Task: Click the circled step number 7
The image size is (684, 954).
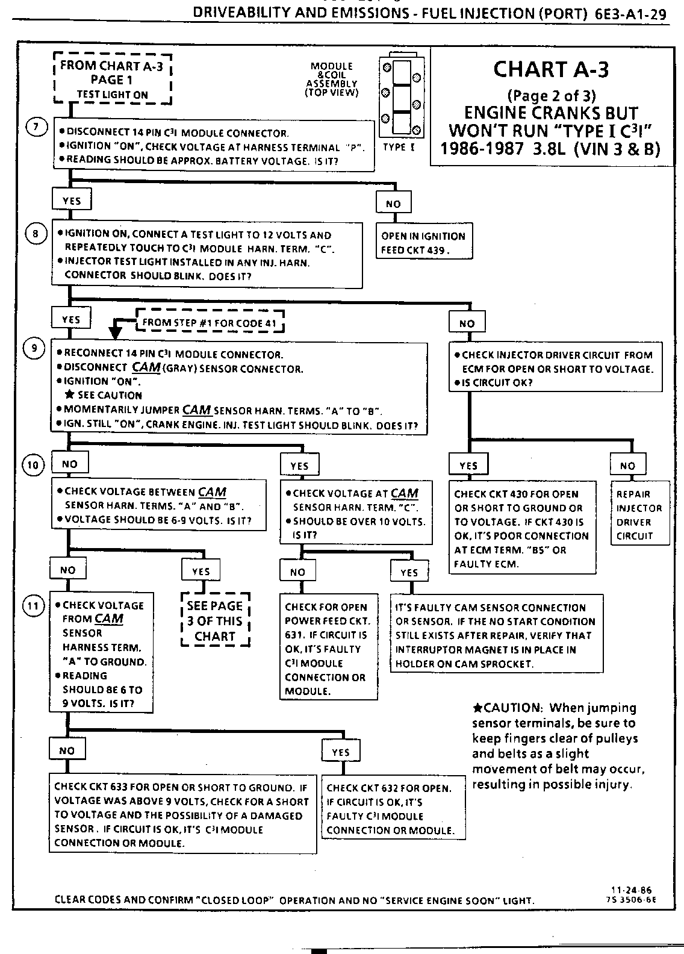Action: [x=36, y=127]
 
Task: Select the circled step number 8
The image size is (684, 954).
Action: [x=36, y=234]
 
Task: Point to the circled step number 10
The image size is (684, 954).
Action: [x=34, y=464]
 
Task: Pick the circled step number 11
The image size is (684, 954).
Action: [x=34, y=606]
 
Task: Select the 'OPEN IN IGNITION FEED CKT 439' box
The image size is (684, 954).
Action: [x=423, y=243]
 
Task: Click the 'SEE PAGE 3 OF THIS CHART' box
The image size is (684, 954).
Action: [x=215, y=621]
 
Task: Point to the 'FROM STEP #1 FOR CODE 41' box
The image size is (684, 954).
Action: [x=210, y=323]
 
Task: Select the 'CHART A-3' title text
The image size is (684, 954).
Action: [x=551, y=69]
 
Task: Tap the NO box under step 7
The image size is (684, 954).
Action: [x=393, y=204]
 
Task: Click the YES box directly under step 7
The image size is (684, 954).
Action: [x=72, y=201]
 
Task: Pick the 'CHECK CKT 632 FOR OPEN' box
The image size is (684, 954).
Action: [x=393, y=808]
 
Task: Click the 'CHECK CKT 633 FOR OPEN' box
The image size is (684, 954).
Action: [x=182, y=815]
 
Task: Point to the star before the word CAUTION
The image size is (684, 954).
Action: [x=478, y=708]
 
